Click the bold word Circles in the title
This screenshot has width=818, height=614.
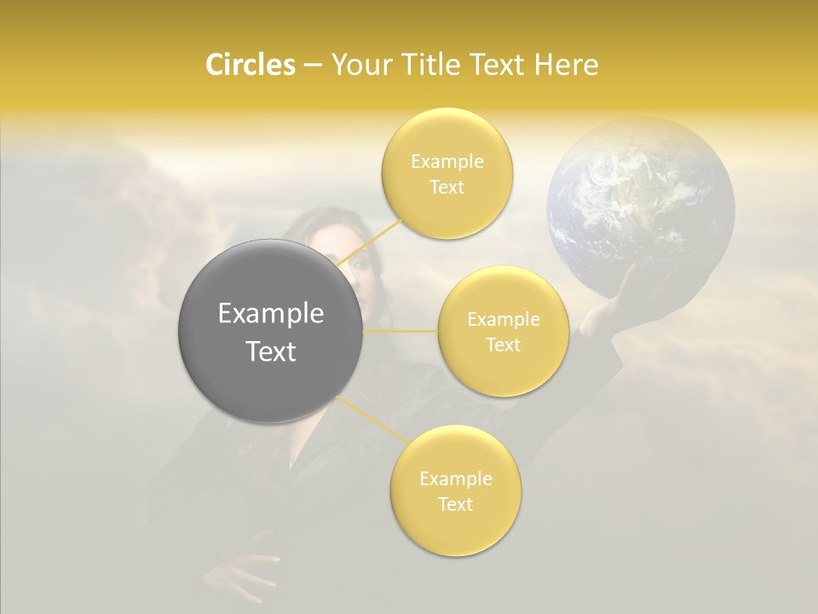(x=250, y=65)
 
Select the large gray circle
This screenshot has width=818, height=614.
(x=270, y=331)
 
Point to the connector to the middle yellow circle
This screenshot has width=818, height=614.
(x=400, y=331)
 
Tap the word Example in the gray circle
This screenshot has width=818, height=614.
(x=270, y=314)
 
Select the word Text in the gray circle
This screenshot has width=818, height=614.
(x=270, y=351)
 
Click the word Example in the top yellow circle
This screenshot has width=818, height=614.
(x=447, y=161)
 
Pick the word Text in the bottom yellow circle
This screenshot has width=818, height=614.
(x=455, y=504)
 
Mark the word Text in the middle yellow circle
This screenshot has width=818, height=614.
(x=503, y=345)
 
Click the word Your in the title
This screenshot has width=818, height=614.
(x=357, y=65)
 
